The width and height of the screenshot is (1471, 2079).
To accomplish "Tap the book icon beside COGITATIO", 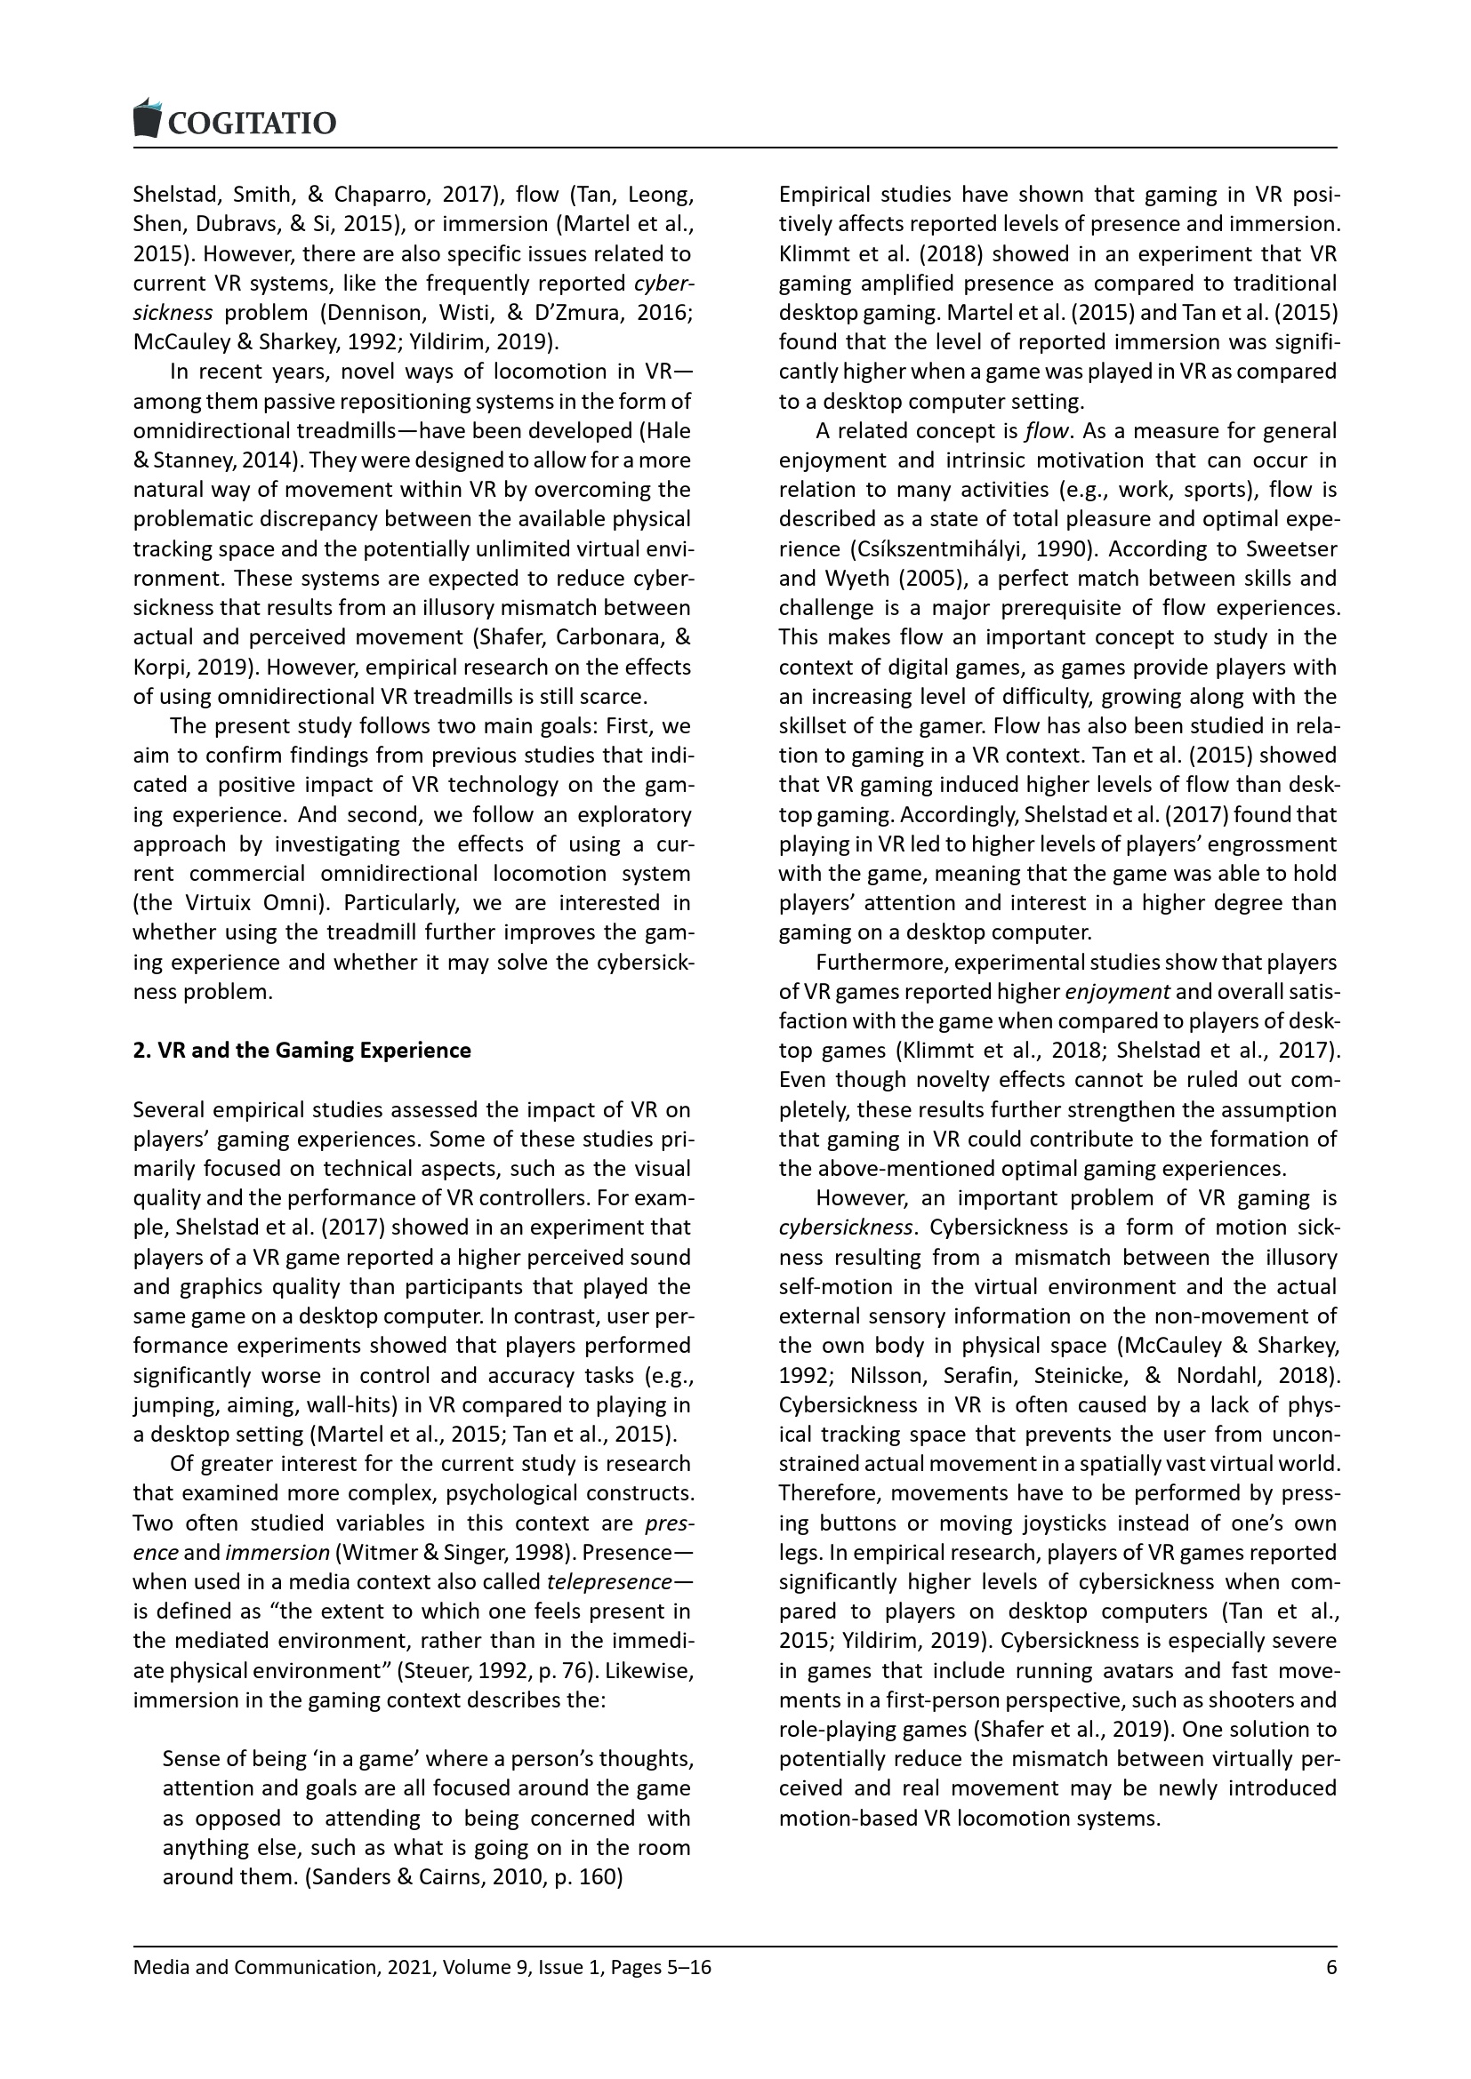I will pyautogui.click(x=146, y=117).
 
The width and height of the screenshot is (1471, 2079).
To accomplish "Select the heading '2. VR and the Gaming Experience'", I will pyautogui.click(x=301, y=1051).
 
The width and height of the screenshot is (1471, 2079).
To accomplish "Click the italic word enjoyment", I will pyautogui.click(x=1117, y=992).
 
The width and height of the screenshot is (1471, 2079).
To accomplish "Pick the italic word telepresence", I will pyautogui.click(x=608, y=1582).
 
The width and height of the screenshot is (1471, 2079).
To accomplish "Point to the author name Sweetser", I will pyautogui.click(x=1290, y=548).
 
